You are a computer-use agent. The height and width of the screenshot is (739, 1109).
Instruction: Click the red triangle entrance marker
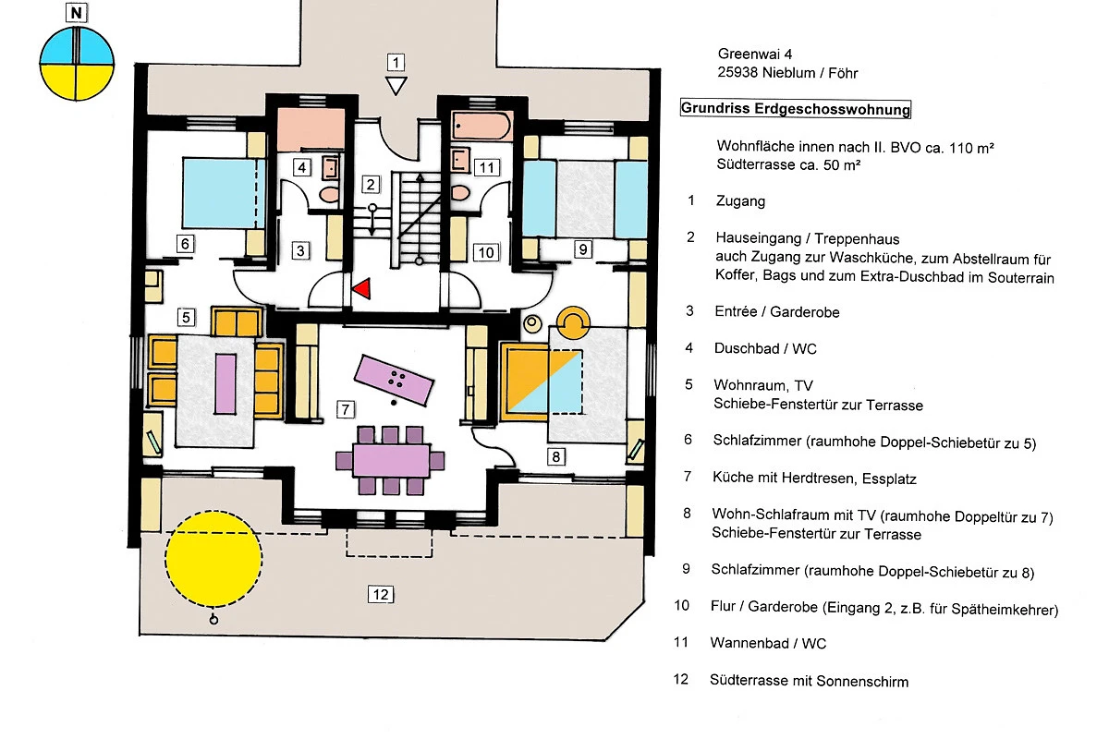361,288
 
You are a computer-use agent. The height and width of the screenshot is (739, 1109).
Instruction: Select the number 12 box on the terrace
379,594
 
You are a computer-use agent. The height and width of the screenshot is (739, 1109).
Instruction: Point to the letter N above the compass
76,14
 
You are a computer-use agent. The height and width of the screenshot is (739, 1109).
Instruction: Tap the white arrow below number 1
396,86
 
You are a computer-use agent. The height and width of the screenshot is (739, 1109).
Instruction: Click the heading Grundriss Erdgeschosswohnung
796,109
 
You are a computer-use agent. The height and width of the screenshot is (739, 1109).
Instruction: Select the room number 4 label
301,167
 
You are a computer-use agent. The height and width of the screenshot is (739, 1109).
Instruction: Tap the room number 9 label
581,248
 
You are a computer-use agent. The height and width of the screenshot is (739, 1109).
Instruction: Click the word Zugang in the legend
740,200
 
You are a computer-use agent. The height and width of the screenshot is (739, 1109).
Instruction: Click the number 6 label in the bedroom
185,244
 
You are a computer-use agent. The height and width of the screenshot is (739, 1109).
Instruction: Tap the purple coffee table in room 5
223,382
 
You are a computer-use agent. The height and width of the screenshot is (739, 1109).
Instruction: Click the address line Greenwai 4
756,55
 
